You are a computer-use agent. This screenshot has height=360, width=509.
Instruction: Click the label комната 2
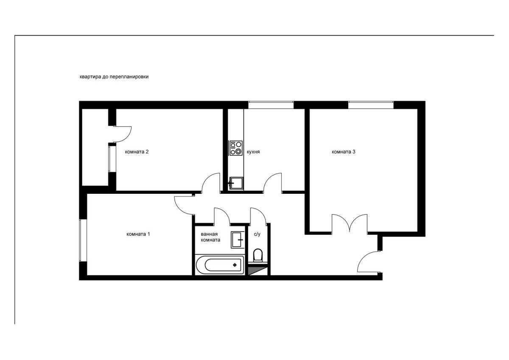137,152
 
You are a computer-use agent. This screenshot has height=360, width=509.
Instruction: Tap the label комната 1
138,234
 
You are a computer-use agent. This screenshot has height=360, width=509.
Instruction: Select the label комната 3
343,152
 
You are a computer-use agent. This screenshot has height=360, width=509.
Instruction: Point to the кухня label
253,152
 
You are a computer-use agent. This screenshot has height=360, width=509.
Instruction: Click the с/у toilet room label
257,234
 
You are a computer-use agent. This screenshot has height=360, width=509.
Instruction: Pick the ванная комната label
210,237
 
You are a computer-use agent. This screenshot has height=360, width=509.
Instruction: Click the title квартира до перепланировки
114,77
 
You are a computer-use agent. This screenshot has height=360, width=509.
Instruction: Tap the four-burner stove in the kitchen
236,148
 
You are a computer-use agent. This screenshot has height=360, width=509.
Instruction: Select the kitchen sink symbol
236,183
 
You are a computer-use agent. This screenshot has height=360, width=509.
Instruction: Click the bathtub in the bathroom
220,265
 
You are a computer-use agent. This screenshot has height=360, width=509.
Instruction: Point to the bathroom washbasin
238,240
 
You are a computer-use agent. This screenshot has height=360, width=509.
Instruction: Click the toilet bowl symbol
258,255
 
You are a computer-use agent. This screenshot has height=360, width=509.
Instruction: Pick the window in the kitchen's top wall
271,105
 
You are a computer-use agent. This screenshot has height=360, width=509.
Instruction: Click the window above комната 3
371,105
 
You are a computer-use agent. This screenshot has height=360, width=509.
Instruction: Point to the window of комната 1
83,240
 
